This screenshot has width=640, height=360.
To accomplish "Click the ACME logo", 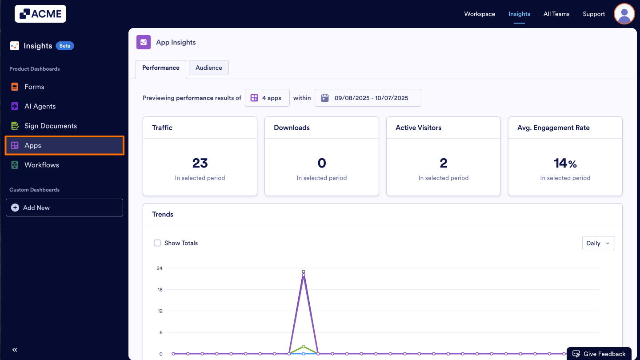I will (40, 14).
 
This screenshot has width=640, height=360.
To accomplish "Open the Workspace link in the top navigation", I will (480, 14).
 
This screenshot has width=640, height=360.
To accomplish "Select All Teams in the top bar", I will (556, 14).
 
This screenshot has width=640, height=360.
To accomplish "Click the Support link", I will (594, 14).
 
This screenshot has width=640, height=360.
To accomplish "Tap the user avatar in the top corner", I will (624, 14).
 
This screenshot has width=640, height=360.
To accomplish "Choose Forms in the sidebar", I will (34, 87).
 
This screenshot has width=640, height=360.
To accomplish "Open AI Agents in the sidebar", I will (40, 106).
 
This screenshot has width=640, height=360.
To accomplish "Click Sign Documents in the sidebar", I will (50, 126).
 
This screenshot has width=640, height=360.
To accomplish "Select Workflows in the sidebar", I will (41, 165).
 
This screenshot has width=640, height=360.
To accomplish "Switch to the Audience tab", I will (208, 68).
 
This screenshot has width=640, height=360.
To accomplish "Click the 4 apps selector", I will (267, 98).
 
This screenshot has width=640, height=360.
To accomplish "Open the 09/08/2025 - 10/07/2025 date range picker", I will (368, 98).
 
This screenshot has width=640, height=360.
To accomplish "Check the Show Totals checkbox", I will (157, 243).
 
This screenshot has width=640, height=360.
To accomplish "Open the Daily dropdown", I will (598, 243).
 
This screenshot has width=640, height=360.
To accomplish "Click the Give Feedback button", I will (599, 354).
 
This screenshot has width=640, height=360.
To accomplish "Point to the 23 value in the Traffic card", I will (200, 163).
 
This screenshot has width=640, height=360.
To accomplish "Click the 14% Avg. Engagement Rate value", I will (565, 163).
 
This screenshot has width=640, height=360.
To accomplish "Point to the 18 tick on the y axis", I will (160, 289).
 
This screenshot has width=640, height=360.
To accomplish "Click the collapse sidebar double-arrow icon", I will (15, 350).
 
